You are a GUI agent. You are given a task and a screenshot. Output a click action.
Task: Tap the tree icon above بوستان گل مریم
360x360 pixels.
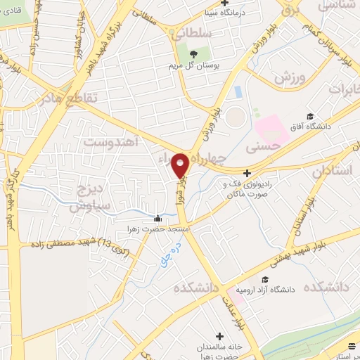point(195,55)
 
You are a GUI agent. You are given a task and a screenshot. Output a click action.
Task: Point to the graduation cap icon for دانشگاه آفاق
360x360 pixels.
point(309,116)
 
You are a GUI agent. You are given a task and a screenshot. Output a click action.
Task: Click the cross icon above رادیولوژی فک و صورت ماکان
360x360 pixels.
point(245,173)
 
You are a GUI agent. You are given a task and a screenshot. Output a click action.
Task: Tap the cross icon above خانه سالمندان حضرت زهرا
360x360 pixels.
point(221,336)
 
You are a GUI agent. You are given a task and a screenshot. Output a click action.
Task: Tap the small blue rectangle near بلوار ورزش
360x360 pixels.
point(238,92)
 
